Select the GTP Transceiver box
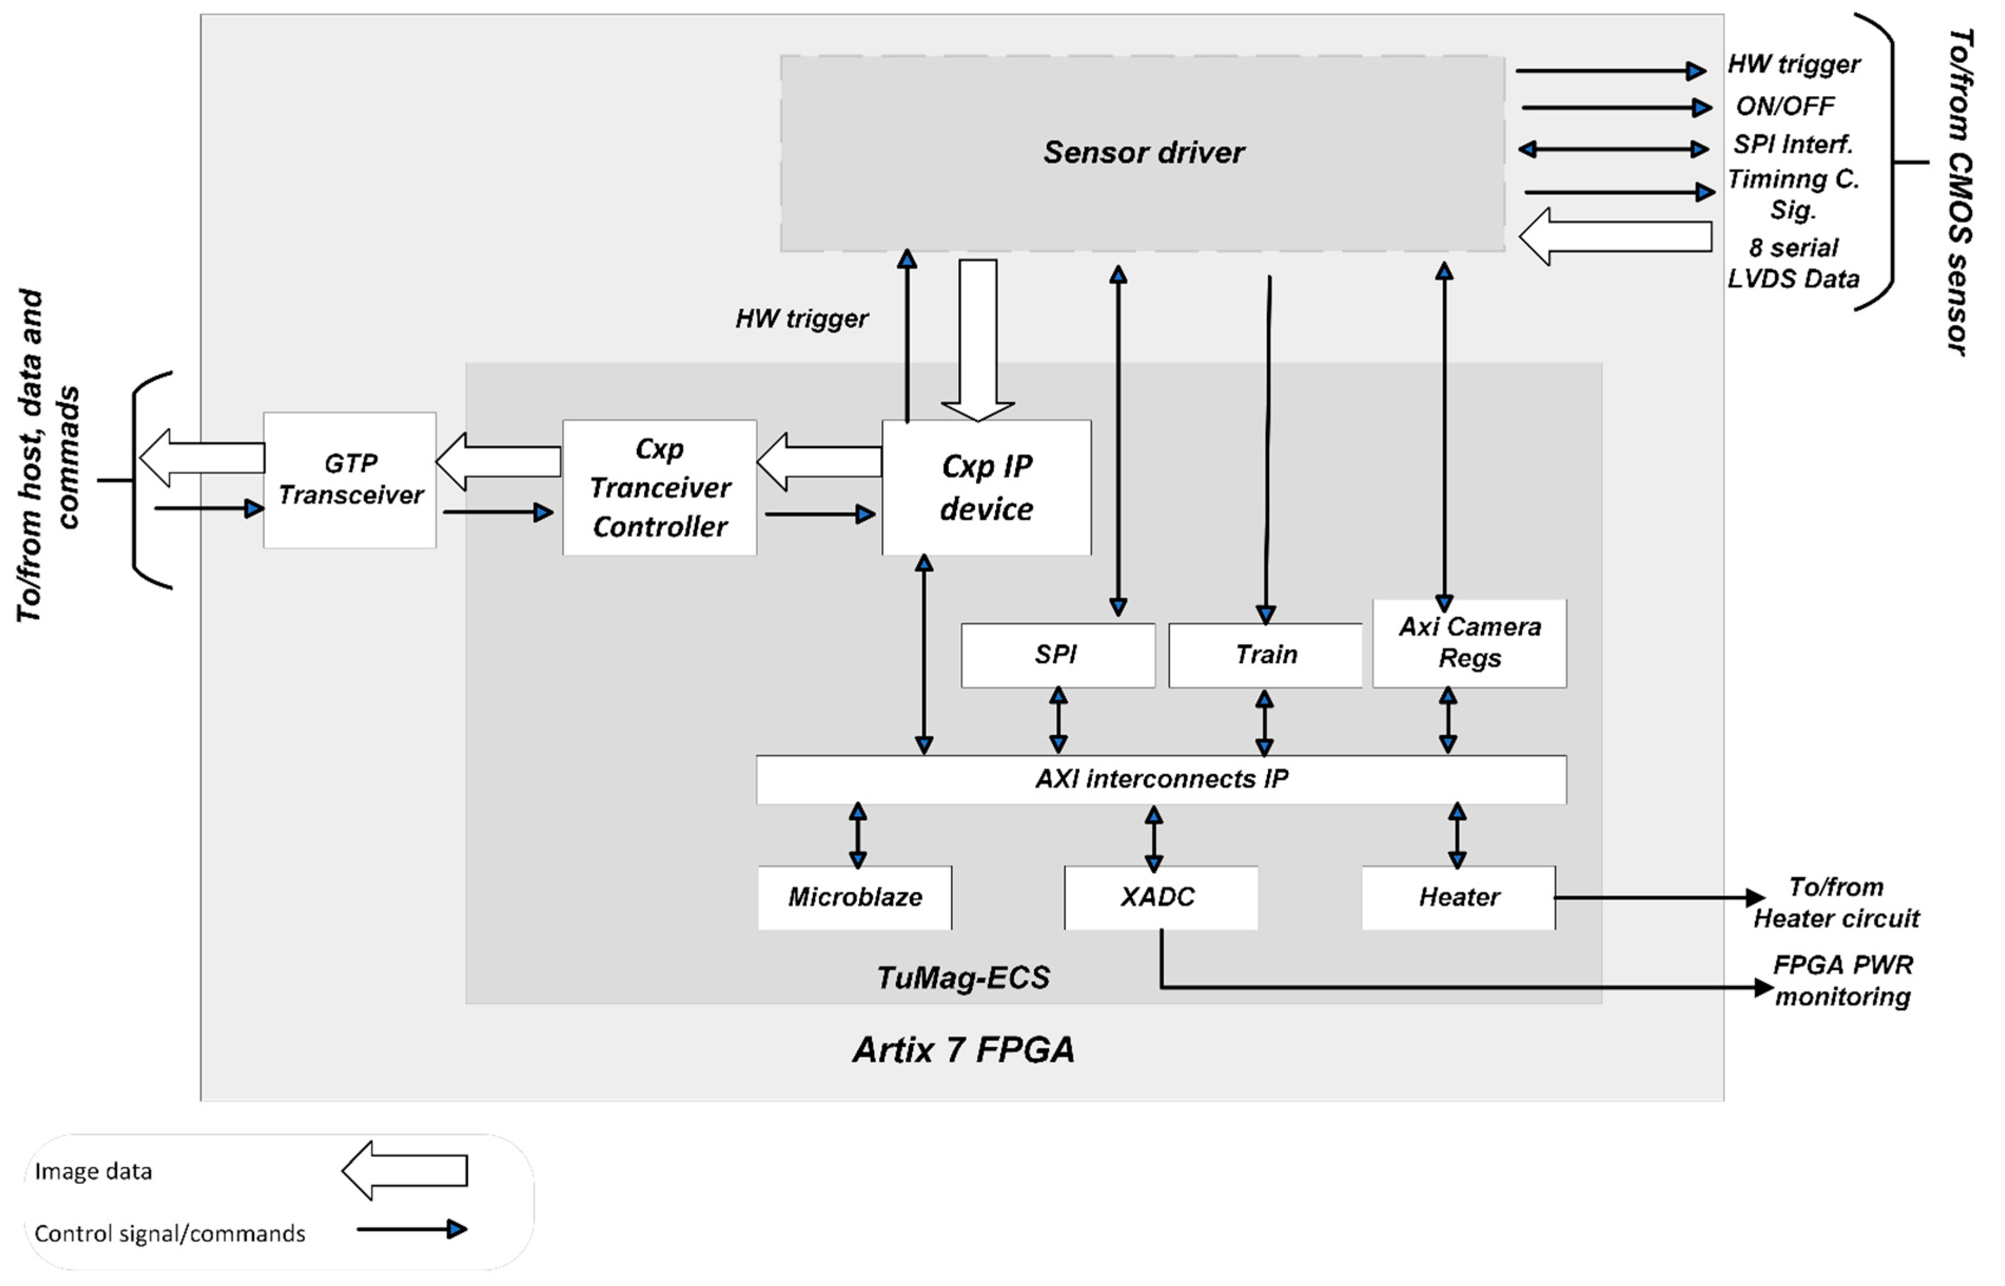pyautogui.click(x=350, y=480)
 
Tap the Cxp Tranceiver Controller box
pyautogui.click(x=660, y=488)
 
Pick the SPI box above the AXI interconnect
pyautogui.click(x=1057, y=655)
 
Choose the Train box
pyautogui.click(x=1265, y=655)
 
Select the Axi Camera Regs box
pyautogui.click(x=1469, y=643)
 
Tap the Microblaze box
pyautogui.click(x=855, y=898)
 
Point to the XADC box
pyautogui.click(x=1159, y=898)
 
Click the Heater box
pyautogui.click(x=1458, y=898)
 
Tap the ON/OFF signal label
pyautogui.click(x=1785, y=106)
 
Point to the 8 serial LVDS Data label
pyautogui.click(x=1793, y=263)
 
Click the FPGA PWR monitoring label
pyautogui.click(x=1842, y=980)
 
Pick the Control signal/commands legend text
pyautogui.click(x=170, y=1233)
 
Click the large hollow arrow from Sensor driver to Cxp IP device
pyautogui.click(x=977, y=338)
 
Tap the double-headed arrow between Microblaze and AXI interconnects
pyautogui.click(x=857, y=836)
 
